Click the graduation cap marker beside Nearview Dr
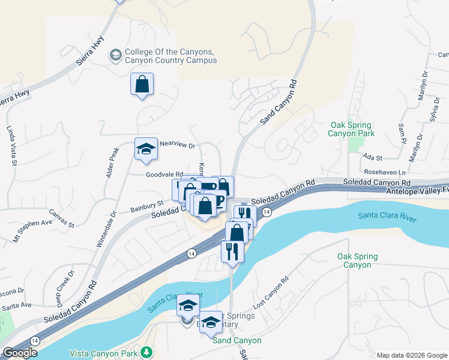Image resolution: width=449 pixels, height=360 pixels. click(145, 149)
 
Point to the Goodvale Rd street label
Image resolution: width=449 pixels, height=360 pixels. click(164, 175)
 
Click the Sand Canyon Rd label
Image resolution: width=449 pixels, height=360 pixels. click(279, 101)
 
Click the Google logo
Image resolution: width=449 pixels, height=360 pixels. click(20, 353)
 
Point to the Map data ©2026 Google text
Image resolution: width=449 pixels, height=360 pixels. click(411, 355)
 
